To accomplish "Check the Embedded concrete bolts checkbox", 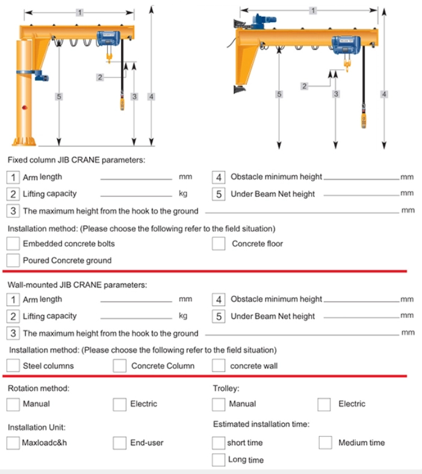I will point(13,244).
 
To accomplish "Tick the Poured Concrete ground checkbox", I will point(13,260).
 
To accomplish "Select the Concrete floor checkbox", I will point(219,244).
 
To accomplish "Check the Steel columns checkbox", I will point(13,366).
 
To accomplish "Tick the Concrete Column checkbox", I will point(120,366).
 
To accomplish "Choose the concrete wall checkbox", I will point(219,366).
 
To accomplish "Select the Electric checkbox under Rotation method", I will point(120,404).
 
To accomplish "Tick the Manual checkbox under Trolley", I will point(219,404).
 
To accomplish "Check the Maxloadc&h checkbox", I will point(13,443).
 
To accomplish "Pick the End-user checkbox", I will point(120,443).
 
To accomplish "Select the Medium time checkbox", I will point(325,443).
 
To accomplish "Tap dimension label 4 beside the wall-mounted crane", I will point(384,94).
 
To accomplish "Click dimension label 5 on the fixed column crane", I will point(58,96).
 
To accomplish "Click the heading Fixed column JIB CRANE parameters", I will point(76,160).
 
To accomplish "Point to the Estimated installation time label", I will point(261,425).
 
